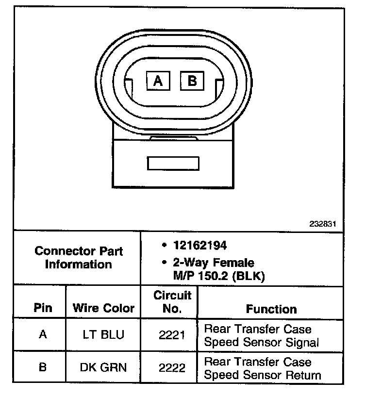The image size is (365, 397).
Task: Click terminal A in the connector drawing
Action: pyautogui.click(x=158, y=81)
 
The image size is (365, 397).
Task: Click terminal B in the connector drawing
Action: pyautogui.click(x=192, y=80)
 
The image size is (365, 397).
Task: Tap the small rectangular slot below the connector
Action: pyautogui.click(x=172, y=163)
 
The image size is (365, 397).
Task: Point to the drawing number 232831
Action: pyautogui.click(x=323, y=224)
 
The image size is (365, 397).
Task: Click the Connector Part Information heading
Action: pyautogui.click(x=79, y=258)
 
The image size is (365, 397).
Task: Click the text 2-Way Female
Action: pyautogui.click(x=213, y=263)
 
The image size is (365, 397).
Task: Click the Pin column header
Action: pyautogui.click(x=43, y=308)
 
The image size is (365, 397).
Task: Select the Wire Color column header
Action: pyautogui.click(x=103, y=308)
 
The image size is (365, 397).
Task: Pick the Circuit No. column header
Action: pyautogui.click(x=172, y=302)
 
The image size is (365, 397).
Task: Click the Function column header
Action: pyautogui.click(x=271, y=309)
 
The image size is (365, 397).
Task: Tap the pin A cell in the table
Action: pyautogui.click(x=43, y=334)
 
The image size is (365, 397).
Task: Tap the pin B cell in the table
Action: pyautogui.click(x=43, y=367)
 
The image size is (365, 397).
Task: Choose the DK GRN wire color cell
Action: pyautogui.click(x=103, y=367)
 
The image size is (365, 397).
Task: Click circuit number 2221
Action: pyautogui.click(x=172, y=335)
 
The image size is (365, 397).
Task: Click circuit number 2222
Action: pyautogui.click(x=172, y=367)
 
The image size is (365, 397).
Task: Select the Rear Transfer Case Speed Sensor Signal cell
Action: pyautogui.click(x=262, y=335)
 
